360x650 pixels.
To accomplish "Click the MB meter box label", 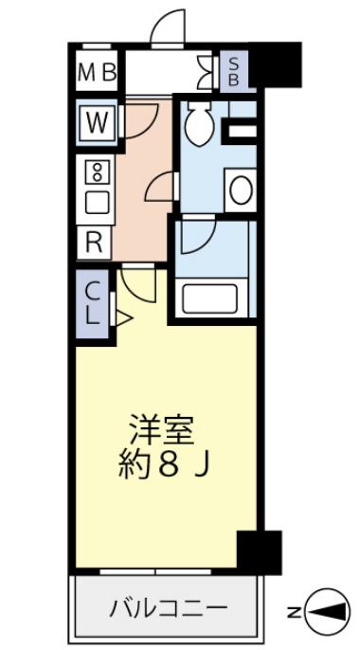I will [97, 71].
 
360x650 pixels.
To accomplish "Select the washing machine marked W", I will [97, 122].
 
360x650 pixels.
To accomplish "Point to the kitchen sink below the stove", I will [96, 201].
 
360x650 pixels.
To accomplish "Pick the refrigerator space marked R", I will [94, 241].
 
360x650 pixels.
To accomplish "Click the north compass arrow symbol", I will [326, 612].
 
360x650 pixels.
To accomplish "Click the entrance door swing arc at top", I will [168, 27].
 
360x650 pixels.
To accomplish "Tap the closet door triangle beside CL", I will [120, 317].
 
